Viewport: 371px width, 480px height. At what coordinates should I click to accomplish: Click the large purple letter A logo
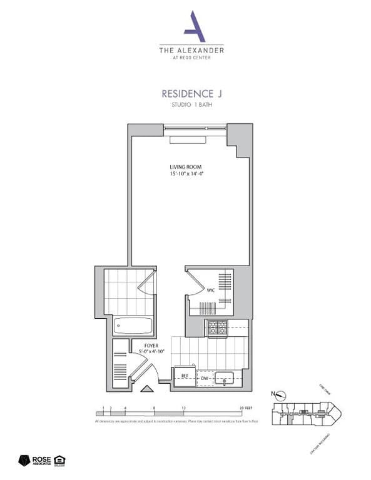click(191, 26)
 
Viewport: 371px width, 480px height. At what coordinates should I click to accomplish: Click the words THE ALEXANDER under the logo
click(191, 49)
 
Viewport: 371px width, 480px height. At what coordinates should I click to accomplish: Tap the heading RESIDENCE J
click(191, 93)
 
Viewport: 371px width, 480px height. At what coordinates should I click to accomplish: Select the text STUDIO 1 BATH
click(191, 105)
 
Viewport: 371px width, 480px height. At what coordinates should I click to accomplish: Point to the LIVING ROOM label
click(185, 166)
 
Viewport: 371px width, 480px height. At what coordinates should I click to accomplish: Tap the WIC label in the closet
click(211, 290)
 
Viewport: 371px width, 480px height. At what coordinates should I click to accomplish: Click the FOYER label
click(151, 346)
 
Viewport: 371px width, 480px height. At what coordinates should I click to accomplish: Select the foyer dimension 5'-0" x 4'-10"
click(151, 352)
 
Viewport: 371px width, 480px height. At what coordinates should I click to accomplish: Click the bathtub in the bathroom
click(133, 326)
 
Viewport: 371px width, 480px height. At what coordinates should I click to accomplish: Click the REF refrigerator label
click(185, 377)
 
